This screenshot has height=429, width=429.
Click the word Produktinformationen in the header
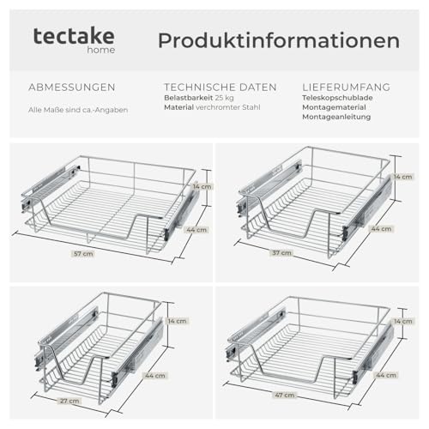point(278,40)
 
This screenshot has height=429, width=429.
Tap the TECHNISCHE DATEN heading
point(221,88)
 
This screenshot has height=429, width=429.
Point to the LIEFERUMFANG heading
point(347,88)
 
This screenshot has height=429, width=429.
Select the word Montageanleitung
point(336,118)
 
